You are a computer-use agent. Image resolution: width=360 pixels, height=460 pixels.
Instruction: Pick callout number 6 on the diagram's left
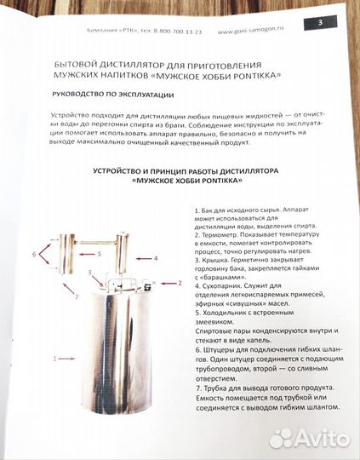[35, 253]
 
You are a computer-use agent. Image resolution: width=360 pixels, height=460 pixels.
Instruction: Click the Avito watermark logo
[308, 439]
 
